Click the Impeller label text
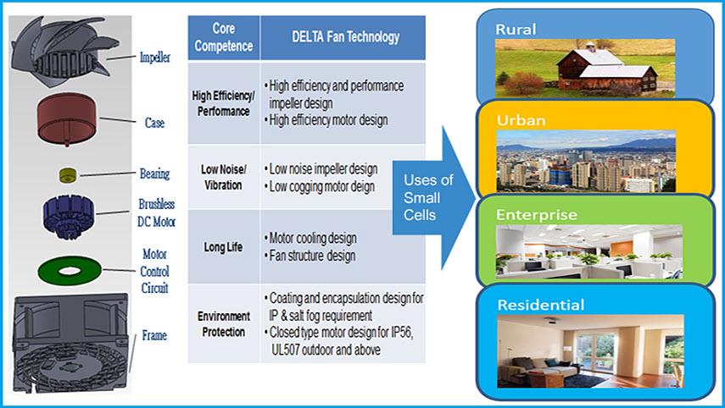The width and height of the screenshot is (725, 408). pyautogui.click(x=154, y=58)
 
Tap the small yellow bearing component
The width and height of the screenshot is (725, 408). pyautogui.click(x=68, y=174)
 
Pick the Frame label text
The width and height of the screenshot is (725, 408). pyautogui.click(x=154, y=336)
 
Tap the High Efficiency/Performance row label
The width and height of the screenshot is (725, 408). pyautogui.click(x=221, y=104)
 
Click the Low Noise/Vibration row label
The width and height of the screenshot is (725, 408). pyautogui.click(x=221, y=178)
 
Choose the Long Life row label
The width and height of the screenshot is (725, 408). pyautogui.click(x=221, y=247)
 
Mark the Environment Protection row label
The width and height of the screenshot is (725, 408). pyautogui.click(x=221, y=324)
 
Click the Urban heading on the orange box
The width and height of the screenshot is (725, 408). pyautogui.click(x=521, y=121)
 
